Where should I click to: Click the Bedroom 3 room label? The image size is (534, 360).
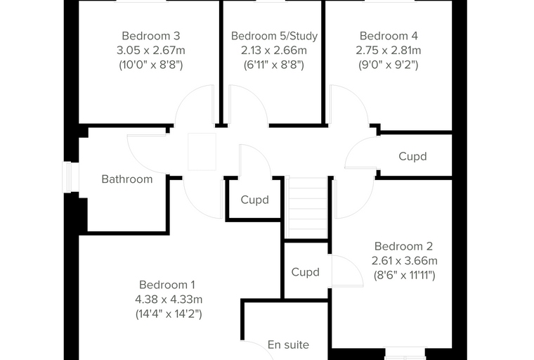click(x=151, y=36)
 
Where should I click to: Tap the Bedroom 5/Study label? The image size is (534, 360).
click(x=274, y=36)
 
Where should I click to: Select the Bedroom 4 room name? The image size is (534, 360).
click(x=389, y=36)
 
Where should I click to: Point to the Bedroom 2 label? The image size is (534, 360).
click(x=403, y=246)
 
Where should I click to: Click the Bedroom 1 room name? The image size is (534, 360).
click(x=167, y=285)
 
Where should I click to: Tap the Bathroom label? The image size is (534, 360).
click(x=127, y=179)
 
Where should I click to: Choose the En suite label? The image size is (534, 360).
click(x=289, y=345)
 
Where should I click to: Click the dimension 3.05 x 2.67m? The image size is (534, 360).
click(x=151, y=51)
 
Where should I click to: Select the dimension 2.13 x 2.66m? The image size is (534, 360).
click(x=274, y=51)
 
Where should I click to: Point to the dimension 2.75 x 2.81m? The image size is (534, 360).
click(x=389, y=51)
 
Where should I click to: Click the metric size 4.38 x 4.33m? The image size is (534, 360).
click(x=169, y=300)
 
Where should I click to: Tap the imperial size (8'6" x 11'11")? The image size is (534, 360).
click(x=404, y=275)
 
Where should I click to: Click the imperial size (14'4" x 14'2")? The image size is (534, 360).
click(x=169, y=314)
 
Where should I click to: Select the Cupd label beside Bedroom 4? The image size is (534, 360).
click(x=412, y=156)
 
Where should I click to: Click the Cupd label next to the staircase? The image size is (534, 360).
click(x=255, y=200)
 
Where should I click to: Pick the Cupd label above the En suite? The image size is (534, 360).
click(x=306, y=272)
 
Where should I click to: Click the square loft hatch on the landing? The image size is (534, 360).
click(x=202, y=152)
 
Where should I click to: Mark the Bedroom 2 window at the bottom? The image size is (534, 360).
click(x=405, y=354)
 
